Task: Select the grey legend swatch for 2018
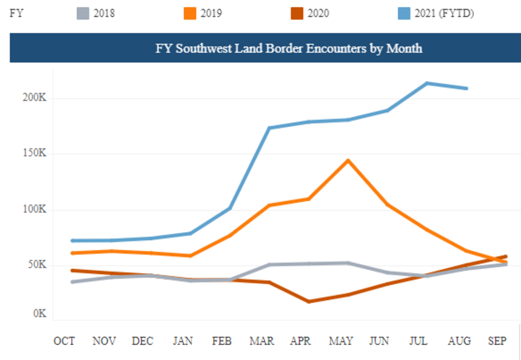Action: pyautogui.click(x=83, y=13)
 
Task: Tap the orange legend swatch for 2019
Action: pyautogui.click(x=190, y=13)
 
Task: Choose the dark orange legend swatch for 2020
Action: pyautogui.click(x=297, y=13)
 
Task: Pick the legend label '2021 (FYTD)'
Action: pyautogui.click(x=444, y=13)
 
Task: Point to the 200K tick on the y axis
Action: pyautogui.click(x=34, y=98)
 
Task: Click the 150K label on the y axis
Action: pyautogui.click(x=34, y=154)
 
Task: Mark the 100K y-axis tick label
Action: pyautogui.click(x=34, y=209)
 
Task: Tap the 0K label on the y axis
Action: pyautogui.click(x=39, y=313)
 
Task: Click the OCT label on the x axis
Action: pyautogui.click(x=64, y=341)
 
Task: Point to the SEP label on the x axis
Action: pyautogui.click(x=496, y=341)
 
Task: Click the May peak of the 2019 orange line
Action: pyautogui.click(x=348, y=160)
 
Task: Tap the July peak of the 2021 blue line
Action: pyautogui.click(x=427, y=84)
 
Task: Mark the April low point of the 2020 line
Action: pyautogui.click(x=309, y=302)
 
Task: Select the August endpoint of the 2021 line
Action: pyautogui.click(x=466, y=89)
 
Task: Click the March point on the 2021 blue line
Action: pyautogui.click(x=269, y=128)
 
